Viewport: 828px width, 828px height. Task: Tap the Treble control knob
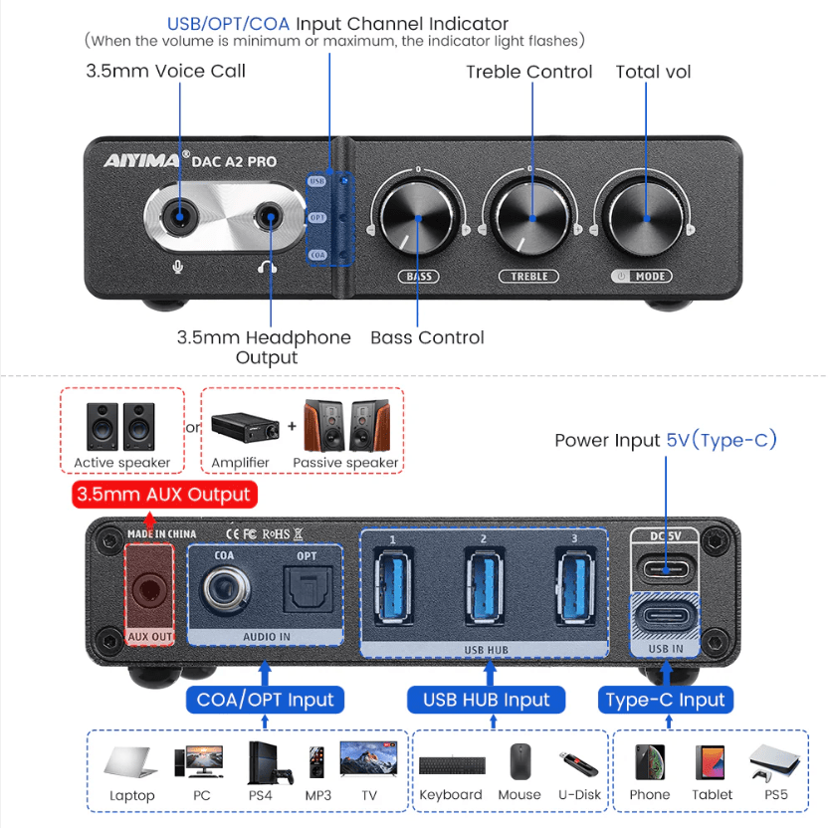click(529, 217)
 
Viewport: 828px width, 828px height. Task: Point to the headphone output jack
click(268, 214)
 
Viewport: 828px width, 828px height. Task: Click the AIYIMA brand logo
click(142, 160)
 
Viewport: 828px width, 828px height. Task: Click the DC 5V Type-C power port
click(666, 568)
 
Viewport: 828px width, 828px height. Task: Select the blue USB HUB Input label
click(486, 700)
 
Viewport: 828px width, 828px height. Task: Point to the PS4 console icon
click(268, 762)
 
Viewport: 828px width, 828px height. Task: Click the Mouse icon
click(519, 762)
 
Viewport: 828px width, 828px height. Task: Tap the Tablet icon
click(712, 762)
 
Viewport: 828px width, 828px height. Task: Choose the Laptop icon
click(131, 763)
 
